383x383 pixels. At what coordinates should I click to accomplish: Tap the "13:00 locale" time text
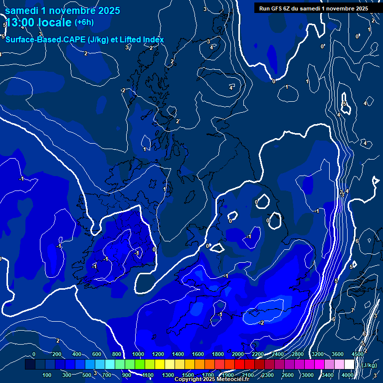[38, 23]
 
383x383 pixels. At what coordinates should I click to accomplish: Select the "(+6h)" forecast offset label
[84, 22]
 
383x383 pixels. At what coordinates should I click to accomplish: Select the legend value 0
[34, 354]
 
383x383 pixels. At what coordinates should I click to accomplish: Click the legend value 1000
[138, 354]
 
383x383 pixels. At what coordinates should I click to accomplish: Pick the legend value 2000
[238, 354]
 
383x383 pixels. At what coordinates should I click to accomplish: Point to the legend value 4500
[358, 354]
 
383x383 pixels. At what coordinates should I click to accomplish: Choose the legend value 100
[47, 375]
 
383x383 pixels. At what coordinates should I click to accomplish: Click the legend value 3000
[308, 375]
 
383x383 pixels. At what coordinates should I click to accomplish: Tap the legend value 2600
[288, 375]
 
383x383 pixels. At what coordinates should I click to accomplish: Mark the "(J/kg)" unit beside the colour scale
[370, 365]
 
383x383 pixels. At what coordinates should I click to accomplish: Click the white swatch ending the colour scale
[349, 365]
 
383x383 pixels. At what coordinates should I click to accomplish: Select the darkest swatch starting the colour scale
[30, 365]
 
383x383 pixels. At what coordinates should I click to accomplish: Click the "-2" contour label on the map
[261, 323]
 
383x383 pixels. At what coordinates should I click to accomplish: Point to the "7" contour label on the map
[352, 310]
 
